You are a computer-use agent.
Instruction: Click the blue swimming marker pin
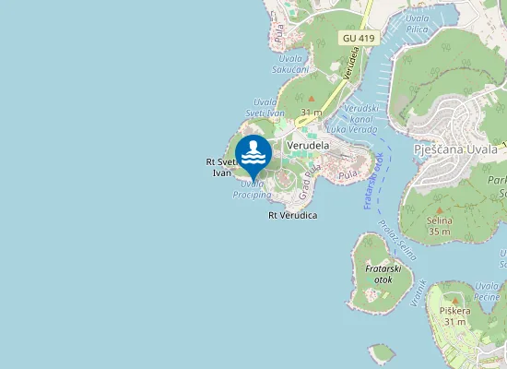(253, 155)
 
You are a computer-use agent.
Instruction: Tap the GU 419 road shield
(360, 38)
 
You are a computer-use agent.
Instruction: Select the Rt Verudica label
(292, 215)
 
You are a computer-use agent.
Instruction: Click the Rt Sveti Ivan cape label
(222, 167)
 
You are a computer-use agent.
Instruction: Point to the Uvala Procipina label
(252, 189)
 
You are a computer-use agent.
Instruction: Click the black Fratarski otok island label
(380, 273)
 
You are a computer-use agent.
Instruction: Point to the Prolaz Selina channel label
(402, 239)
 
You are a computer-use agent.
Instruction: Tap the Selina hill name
(439, 221)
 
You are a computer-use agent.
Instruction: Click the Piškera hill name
(454, 311)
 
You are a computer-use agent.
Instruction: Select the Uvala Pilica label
(417, 23)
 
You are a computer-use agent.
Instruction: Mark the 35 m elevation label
(439, 232)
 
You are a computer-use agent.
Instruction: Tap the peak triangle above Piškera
(454, 298)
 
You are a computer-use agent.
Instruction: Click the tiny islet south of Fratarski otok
(381, 352)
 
